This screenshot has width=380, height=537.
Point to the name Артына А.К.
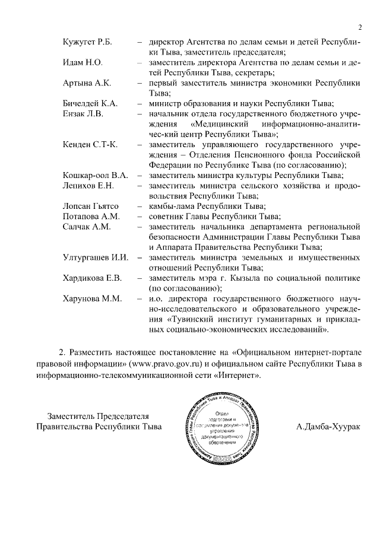coord(87,82)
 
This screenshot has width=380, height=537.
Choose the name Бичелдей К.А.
coord(90,103)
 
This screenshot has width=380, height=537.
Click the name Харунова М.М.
coord(92,298)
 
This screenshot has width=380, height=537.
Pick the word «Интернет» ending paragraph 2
coord(237,375)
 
